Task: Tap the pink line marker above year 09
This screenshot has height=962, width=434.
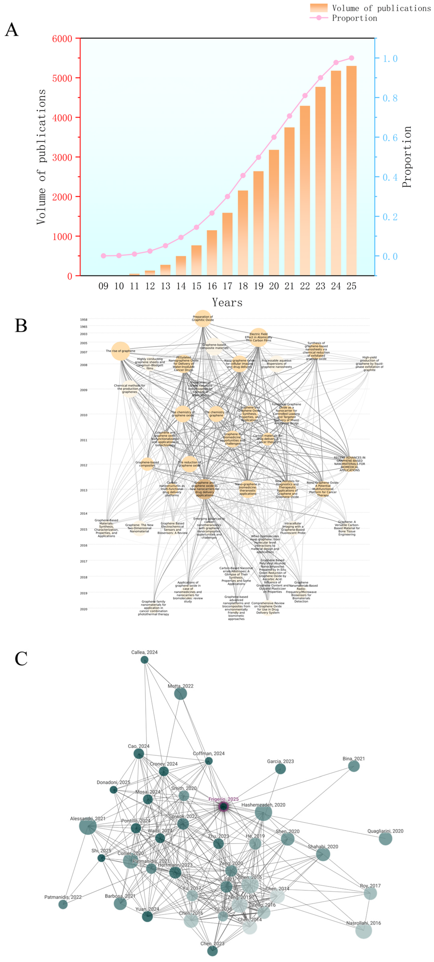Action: coord(103,256)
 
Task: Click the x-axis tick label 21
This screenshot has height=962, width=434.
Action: coord(289,286)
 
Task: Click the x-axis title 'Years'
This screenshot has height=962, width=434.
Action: coord(227,302)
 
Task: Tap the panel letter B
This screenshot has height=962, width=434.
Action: coord(21,326)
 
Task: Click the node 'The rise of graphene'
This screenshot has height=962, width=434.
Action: coord(121,351)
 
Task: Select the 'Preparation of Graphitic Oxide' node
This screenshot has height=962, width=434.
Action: coord(203,318)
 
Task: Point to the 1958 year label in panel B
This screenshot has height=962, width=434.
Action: coord(84,320)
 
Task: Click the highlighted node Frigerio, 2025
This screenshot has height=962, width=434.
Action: coord(223,807)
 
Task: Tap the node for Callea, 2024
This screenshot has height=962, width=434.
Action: coord(144,660)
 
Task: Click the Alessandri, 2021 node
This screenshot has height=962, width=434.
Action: coord(88,826)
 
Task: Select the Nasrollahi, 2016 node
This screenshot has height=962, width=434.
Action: coord(363,931)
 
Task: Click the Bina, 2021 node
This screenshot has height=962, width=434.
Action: coord(354,766)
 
